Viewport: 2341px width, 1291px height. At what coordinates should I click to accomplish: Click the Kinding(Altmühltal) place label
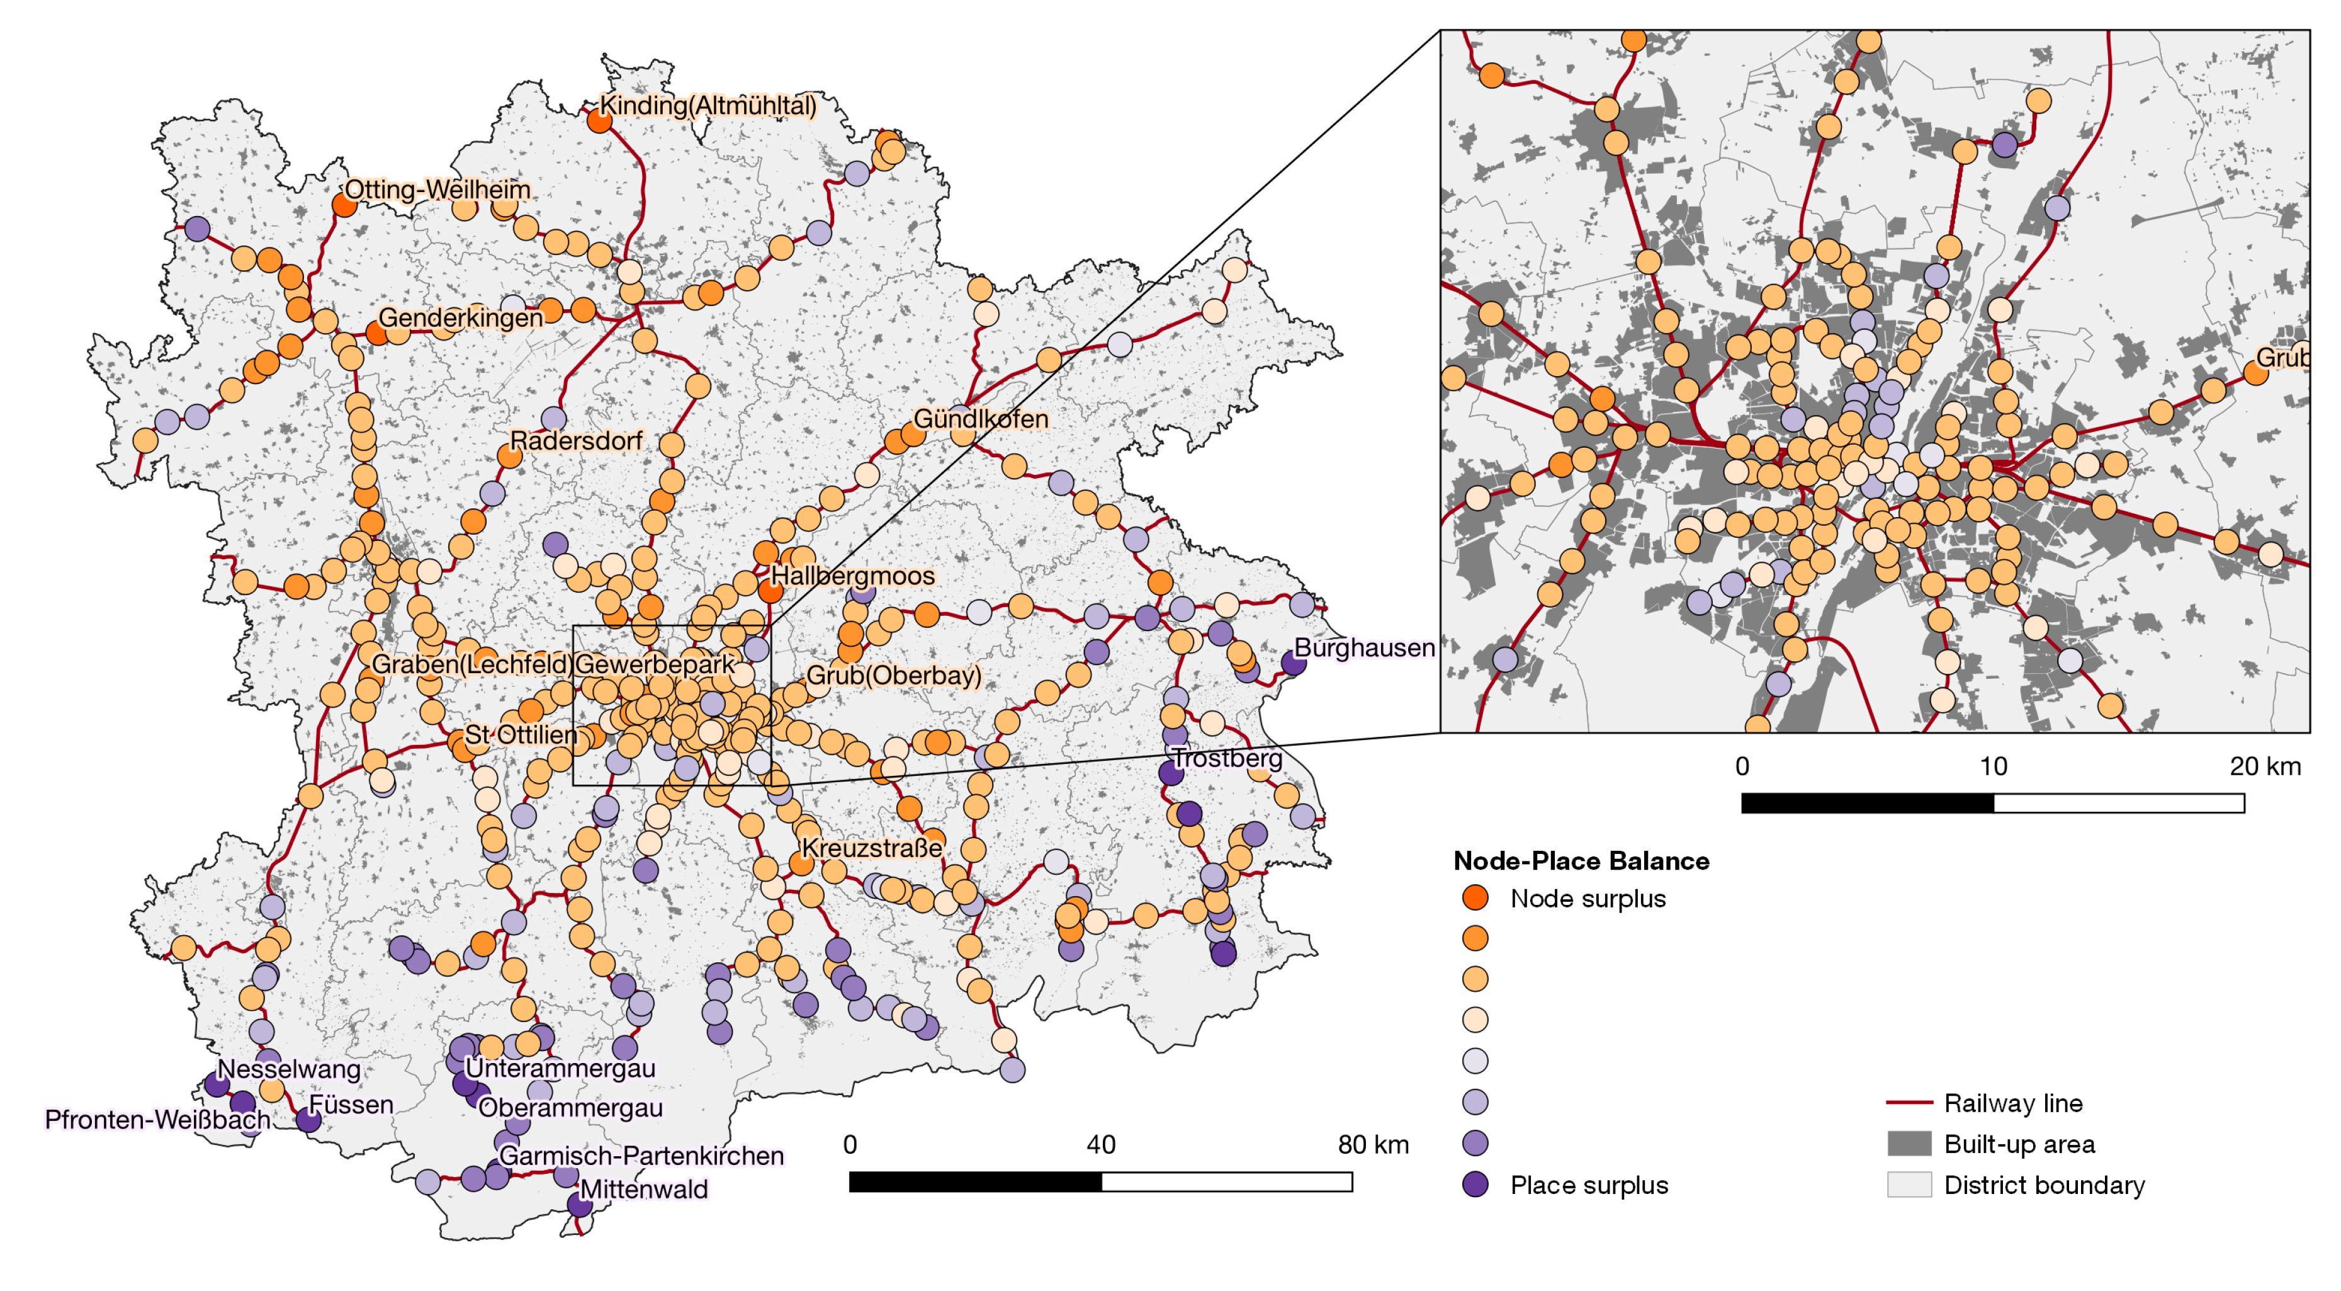click(708, 105)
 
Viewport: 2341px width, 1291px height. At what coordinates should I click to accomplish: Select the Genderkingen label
click(461, 318)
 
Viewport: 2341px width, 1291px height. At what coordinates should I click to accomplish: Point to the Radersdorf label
click(575, 441)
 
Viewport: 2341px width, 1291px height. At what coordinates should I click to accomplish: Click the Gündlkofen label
click(981, 419)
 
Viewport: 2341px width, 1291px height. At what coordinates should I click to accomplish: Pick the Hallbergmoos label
click(852, 576)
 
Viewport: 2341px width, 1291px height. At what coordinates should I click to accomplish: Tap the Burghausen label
click(1363, 648)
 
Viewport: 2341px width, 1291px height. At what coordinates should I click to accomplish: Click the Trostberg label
click(1227, 758)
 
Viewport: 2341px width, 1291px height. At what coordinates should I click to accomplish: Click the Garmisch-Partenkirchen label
click(641, 1156)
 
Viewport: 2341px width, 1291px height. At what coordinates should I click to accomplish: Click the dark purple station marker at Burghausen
click(1293, 662)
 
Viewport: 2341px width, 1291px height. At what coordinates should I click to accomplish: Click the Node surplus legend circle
click(1475, 898)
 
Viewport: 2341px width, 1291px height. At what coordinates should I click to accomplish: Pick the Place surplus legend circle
click(1475, 1185)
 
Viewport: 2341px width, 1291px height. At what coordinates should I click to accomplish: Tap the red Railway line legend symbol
click(1909, 1103)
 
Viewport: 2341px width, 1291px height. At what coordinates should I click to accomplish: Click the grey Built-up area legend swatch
click(1909, 1144)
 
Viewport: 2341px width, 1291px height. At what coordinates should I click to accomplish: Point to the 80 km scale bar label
click(1372, 1145)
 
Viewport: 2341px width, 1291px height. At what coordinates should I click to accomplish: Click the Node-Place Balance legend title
click(1581, 861)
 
